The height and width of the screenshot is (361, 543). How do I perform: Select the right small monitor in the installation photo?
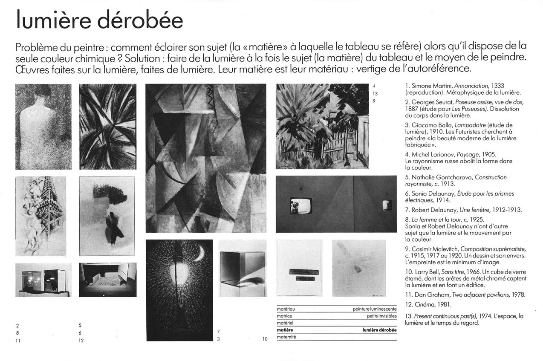tap(387, 205)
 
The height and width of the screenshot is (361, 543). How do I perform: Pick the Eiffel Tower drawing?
tap(40, 216)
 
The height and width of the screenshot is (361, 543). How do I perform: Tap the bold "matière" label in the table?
tap(285, 330)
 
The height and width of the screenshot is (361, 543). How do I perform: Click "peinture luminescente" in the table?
tap(375, 309)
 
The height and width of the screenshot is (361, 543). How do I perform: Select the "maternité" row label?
tap(286, 337)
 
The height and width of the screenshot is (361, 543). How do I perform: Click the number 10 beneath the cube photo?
tap(265, 340)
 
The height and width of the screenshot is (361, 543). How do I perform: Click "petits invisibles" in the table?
tap(381, 316)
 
